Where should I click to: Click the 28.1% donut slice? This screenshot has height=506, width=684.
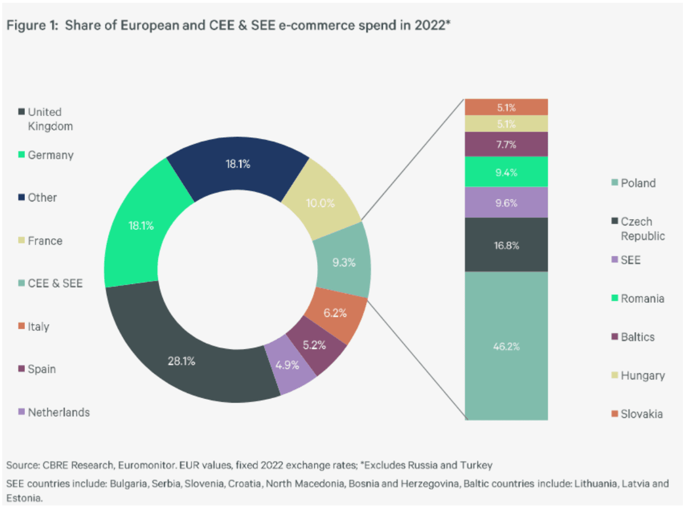(x=182, y=361)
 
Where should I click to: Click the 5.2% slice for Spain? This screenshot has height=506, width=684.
(x=314, y=345)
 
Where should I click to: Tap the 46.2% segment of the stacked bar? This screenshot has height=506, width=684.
(x=506, y=346)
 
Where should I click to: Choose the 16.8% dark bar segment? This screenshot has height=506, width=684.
(x=506, y=245)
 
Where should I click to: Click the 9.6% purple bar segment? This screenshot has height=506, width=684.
(x=506, y=202)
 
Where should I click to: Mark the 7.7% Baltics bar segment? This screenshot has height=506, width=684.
(x=506, y=144)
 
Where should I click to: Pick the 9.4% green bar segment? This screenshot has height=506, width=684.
(x=506, y=172)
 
